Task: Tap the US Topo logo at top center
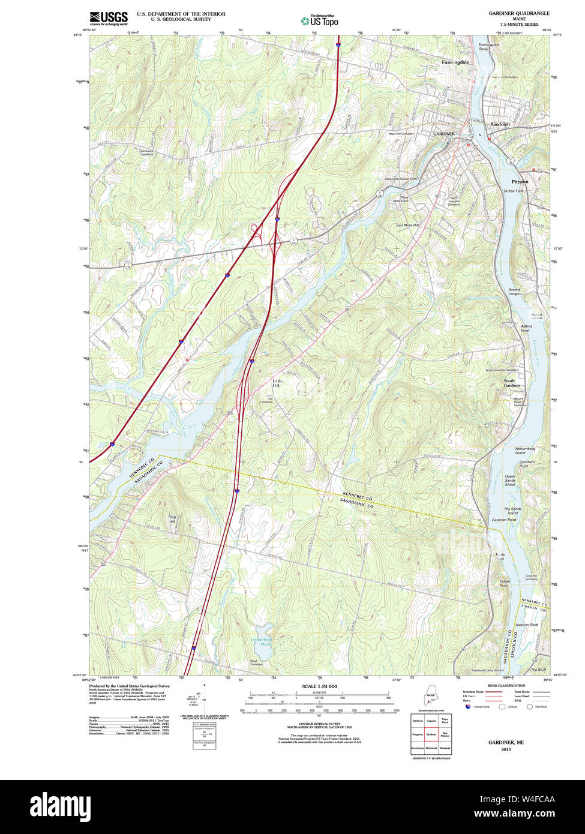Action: click(x=319, y=21)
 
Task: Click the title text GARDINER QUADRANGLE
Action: click(x=518, y=13)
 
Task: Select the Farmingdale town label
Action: click(x=455, y=62)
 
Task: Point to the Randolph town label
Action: click(x=500, y=124)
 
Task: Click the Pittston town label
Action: click(x=520, y=181)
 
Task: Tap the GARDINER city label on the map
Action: click(x=444, y=133)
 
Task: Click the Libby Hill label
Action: click(x=277, y=383)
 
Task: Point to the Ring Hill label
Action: click(x=172, y=519)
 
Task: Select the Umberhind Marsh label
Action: click(x=261, y=642)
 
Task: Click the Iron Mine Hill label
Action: click(x=407, y=225)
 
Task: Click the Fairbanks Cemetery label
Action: click(x=147, y=152)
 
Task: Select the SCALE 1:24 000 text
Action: click(x=319, y=686)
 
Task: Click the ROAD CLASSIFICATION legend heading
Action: click(x=506, y=686)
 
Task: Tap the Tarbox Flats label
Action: click(x=514, y=191)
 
